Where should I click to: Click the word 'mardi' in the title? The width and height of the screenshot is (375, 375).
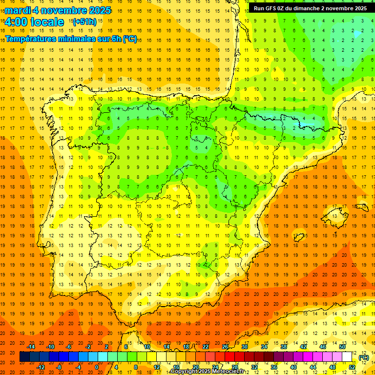(x=17, y=10)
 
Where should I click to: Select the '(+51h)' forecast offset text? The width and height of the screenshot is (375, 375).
(x=84, y=22)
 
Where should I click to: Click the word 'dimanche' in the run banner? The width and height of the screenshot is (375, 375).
(x=307, y=8)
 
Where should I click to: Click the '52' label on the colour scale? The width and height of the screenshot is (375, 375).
(x=353, y=367)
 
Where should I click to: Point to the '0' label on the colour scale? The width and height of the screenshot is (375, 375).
(x=97, y=367)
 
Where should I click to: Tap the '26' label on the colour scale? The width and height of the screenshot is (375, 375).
(x=225, y=346)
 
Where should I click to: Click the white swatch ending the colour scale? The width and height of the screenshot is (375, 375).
(x=347, y=357)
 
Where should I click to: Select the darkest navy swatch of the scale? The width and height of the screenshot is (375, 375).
(x=24, y=357)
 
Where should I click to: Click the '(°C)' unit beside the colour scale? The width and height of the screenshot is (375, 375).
(x=363, y=357)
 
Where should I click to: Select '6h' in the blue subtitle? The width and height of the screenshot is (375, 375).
(x=117, y=39)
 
